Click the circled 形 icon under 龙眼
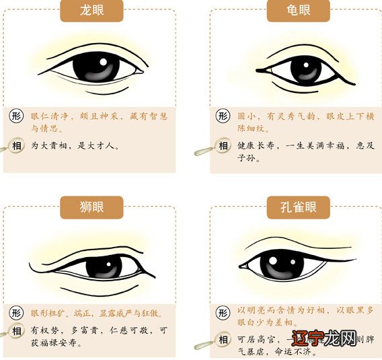click(x=17, y=116)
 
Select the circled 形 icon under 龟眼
click(x=223, y=116)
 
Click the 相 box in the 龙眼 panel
click(x=17, y=145)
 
